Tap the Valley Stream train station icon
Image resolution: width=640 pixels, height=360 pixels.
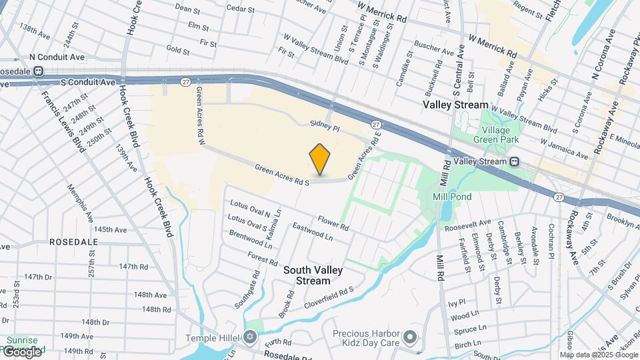pos(515,162)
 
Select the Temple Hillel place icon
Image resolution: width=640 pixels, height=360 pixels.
pos(250,337)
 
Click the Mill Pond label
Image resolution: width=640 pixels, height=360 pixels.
pos(452,197)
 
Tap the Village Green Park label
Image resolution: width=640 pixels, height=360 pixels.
pos(496,135)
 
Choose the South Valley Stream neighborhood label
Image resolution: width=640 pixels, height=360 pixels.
pos(313,275)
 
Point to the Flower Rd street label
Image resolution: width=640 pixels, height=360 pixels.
pos(333,223)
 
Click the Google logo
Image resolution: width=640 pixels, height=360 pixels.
pos(22,351)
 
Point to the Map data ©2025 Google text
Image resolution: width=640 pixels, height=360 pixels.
pos(599,355)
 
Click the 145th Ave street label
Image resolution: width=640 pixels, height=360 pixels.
pos(110,229)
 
